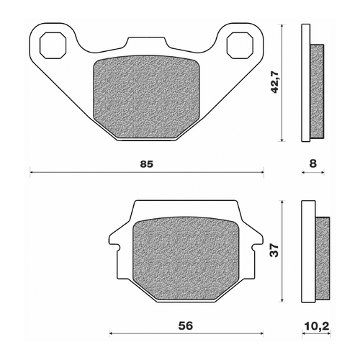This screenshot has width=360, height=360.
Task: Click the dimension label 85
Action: [146, 163]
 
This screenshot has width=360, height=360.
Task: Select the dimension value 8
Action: [312, 163]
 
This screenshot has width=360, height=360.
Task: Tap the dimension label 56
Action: [186, 325]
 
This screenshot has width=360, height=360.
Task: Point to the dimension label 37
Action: [274, 251]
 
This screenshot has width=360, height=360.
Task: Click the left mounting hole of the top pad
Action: [53, 45]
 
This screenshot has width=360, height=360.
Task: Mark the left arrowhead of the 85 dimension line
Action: [32, 172]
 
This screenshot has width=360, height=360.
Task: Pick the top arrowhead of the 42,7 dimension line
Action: [282, 26]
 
